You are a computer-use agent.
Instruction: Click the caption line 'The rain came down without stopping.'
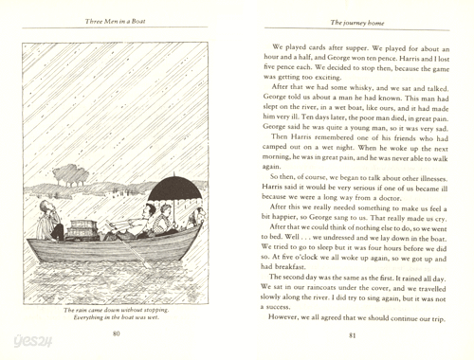point(116,310)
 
